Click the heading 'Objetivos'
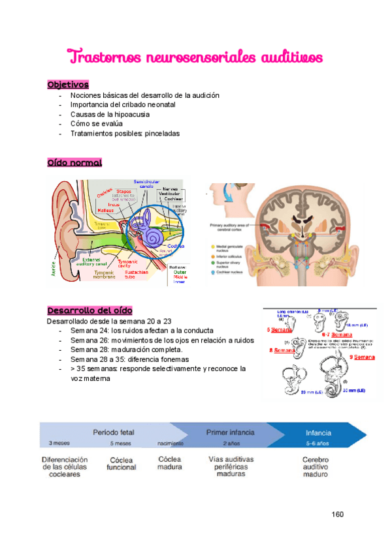point(68,85)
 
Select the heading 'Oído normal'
point(74,162)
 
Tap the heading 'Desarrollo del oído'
point(90,310)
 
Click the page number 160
point(337,514)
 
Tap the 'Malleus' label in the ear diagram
point(106,210)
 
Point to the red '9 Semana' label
point(361,357)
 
